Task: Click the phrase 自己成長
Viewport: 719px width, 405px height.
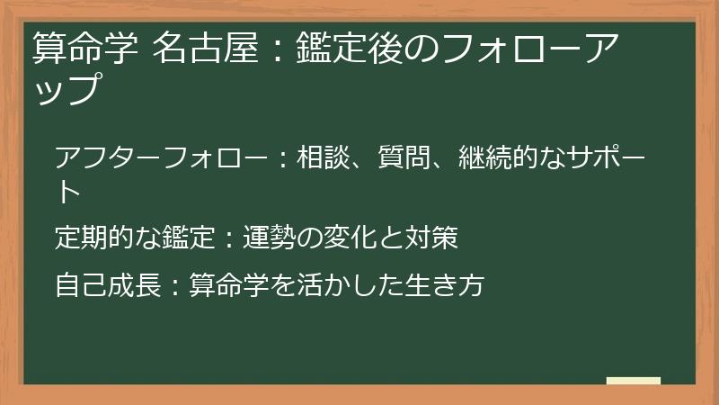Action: point(106,285)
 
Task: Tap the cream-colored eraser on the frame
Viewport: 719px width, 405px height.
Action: point(633,382)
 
